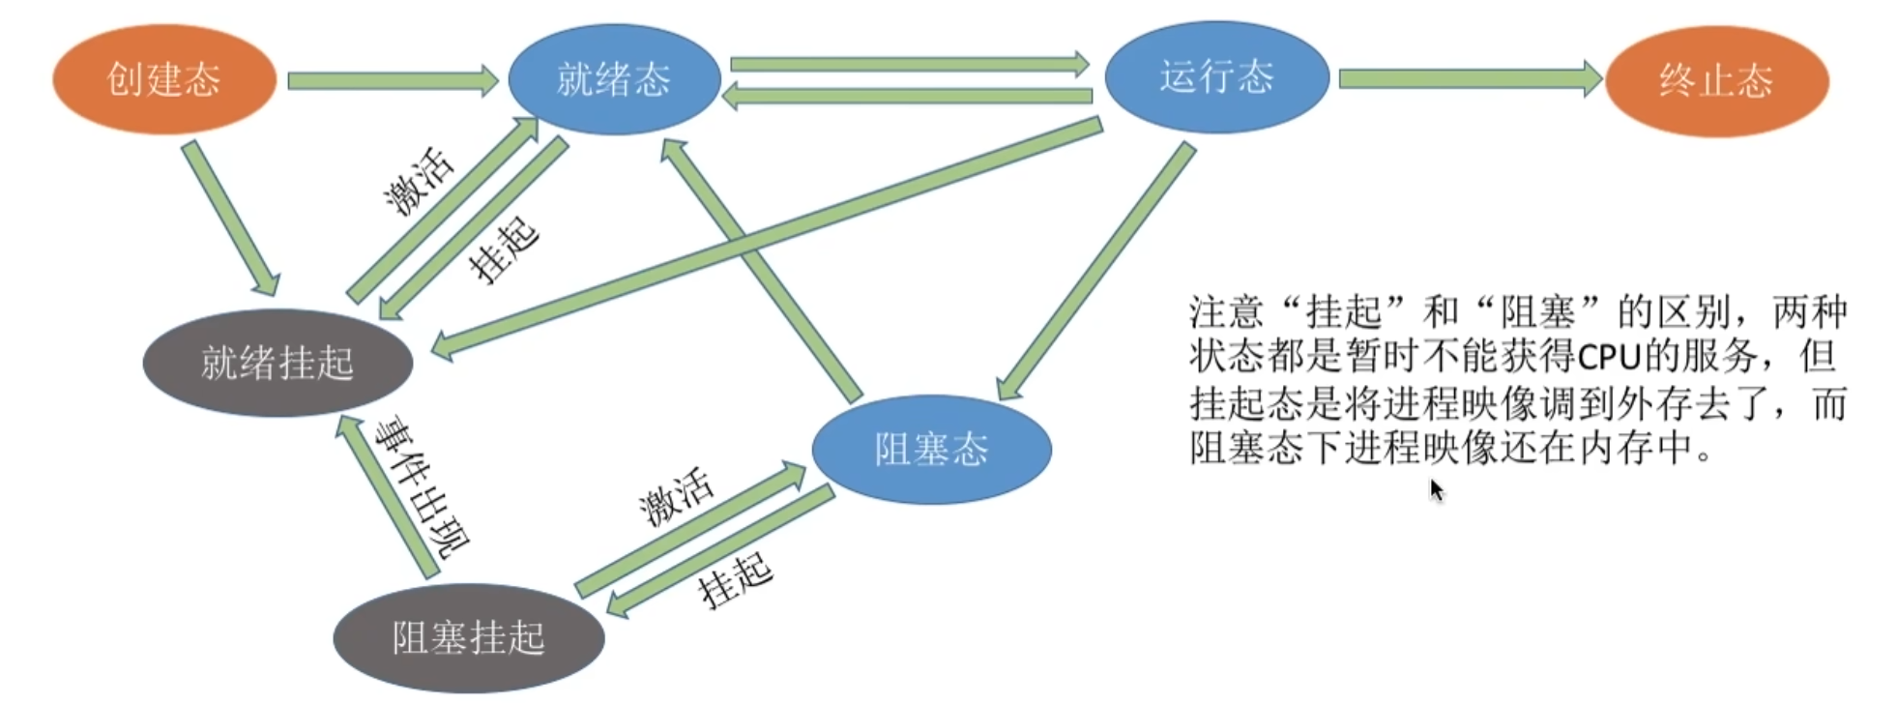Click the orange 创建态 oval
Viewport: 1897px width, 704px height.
[163, 79]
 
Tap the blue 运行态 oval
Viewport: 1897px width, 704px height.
[1216, 76]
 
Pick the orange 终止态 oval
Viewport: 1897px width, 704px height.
[1716, 81]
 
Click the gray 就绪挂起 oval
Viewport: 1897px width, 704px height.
[277, 363]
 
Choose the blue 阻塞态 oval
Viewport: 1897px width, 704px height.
[931, 449]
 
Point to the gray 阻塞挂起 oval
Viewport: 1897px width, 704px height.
[469, 637]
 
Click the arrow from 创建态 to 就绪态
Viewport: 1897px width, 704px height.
[392, 80]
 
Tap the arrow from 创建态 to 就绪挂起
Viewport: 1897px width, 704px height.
[230, 218]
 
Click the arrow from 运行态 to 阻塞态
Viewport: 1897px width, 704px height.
[1097, 270]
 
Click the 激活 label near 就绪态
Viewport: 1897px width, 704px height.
[418, 182]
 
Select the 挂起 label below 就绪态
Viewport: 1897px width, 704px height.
[503, 249]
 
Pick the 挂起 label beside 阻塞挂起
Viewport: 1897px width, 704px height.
[736, 580]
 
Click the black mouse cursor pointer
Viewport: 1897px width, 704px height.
[1437, 490]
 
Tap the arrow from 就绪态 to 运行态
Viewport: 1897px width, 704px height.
[909, 65]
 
